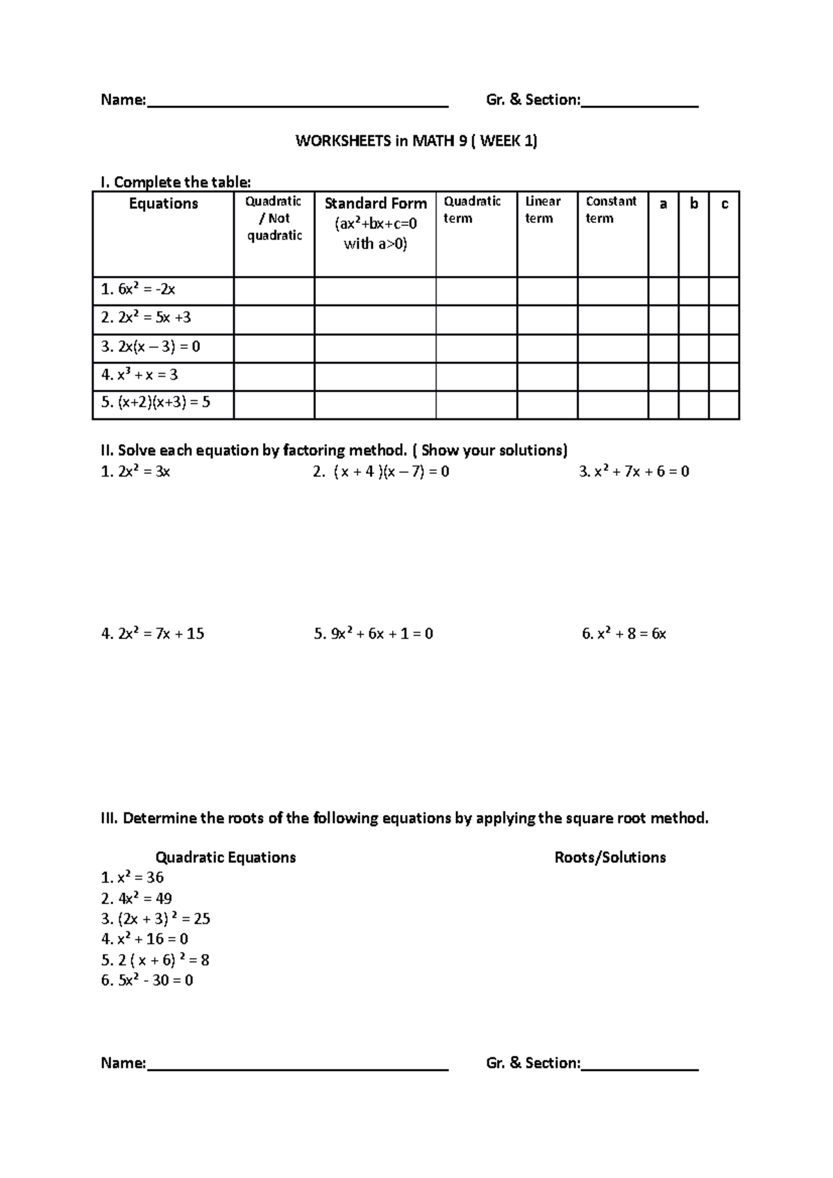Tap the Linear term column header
542,210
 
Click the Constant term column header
611,210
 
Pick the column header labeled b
693,204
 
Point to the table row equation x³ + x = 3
140,375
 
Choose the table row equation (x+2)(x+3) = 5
155,402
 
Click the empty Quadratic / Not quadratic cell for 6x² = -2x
274,291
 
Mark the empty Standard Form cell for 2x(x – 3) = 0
375,347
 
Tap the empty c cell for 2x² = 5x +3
724,318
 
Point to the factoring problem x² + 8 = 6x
624,633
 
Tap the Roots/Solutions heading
610,857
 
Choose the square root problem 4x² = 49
137,898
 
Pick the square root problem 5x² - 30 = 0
147,980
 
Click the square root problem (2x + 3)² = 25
155,919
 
